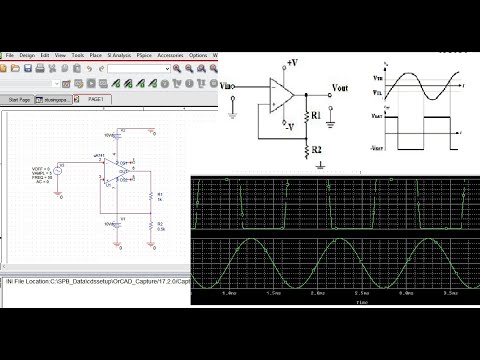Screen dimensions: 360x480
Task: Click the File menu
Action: (x=9, y=55)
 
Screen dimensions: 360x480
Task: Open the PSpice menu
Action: (x=145, y=55)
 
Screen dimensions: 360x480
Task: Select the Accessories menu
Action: (x=171, y=55)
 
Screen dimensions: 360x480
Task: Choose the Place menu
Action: (x=95, y=55)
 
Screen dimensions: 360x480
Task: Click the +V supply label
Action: (x=291, y=63)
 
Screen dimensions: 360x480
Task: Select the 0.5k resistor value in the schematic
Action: (x=159, y=231)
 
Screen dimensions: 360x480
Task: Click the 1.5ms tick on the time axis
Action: (x=273, y=294)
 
